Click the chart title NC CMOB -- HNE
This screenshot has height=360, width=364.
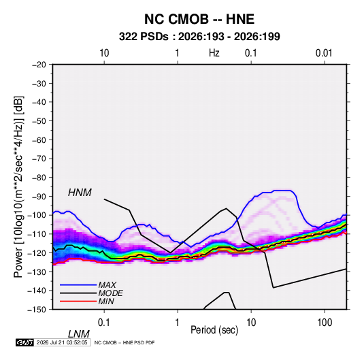tap(199, 19)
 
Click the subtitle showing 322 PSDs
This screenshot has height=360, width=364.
tap(199, 37)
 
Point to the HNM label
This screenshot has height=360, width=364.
tap(80, 193)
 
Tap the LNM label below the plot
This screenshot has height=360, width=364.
tap(79, 334)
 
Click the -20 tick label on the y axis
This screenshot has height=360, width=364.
tap(39, 65)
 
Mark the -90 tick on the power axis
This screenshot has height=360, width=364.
tap(39, 196)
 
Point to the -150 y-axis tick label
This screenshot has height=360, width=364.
tap(37, 310)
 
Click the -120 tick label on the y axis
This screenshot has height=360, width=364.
tap(37, 252)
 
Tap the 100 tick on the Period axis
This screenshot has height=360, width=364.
tap(325, 323)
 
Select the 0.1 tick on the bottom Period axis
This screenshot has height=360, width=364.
tap(104, 323)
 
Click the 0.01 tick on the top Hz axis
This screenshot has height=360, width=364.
tap(324, 53)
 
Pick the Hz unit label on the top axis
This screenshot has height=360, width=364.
tap(214, 53)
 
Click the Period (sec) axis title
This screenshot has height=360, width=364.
tap(214, 330)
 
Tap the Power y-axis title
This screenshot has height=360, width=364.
tap(18, 186)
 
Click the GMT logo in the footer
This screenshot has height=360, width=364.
tap(25, 342)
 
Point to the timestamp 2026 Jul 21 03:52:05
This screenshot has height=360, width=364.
tap(62, 342)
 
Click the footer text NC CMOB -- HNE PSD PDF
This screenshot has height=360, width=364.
tap(125, 342)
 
